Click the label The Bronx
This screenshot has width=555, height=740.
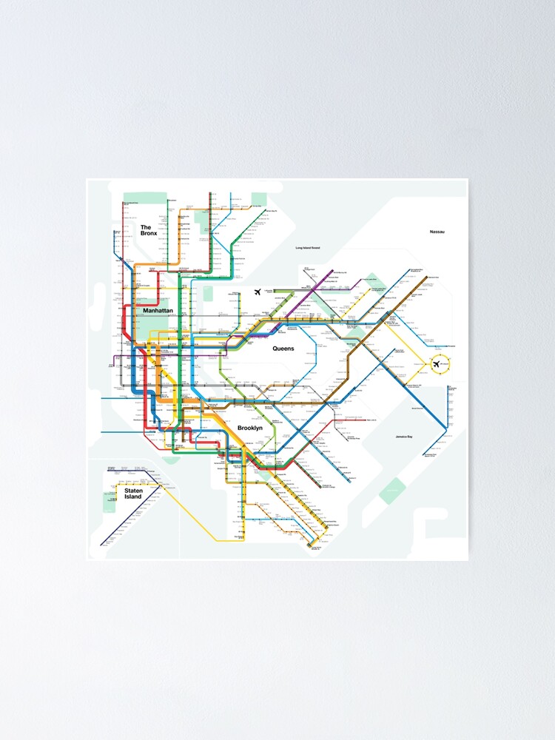[148, 230]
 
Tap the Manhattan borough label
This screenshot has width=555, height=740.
[158, 312]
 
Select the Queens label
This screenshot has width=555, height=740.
[283, 348]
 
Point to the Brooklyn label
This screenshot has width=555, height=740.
[250, 428]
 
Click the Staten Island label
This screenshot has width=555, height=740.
[133, 494]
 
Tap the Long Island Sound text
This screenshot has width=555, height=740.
[307, 248]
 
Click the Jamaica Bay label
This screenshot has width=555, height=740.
[404, 437]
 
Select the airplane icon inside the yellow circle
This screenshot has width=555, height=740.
[436, 363]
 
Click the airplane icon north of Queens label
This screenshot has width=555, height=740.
[258, 292]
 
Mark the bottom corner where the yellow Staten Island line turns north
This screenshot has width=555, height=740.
[216, 540]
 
